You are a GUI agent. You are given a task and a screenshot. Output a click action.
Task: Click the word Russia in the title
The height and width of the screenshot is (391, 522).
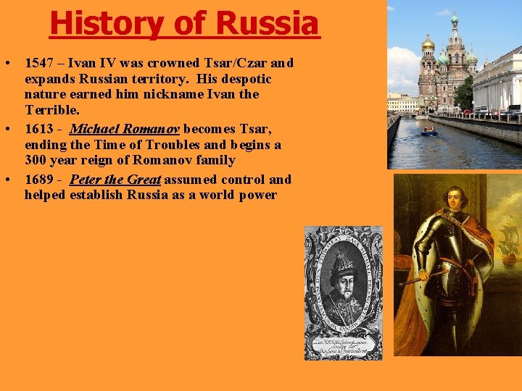click(267, 23)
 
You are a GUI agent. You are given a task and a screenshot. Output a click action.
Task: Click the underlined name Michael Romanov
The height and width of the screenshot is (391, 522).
click(125, 130)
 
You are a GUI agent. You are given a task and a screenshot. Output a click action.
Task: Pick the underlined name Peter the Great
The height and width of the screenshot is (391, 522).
click(115, 180)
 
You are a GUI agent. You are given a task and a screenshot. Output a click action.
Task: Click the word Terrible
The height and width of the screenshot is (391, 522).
click(49, 110)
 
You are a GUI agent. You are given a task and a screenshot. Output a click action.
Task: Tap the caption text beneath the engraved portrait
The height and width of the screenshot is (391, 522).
click(343, 346)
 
